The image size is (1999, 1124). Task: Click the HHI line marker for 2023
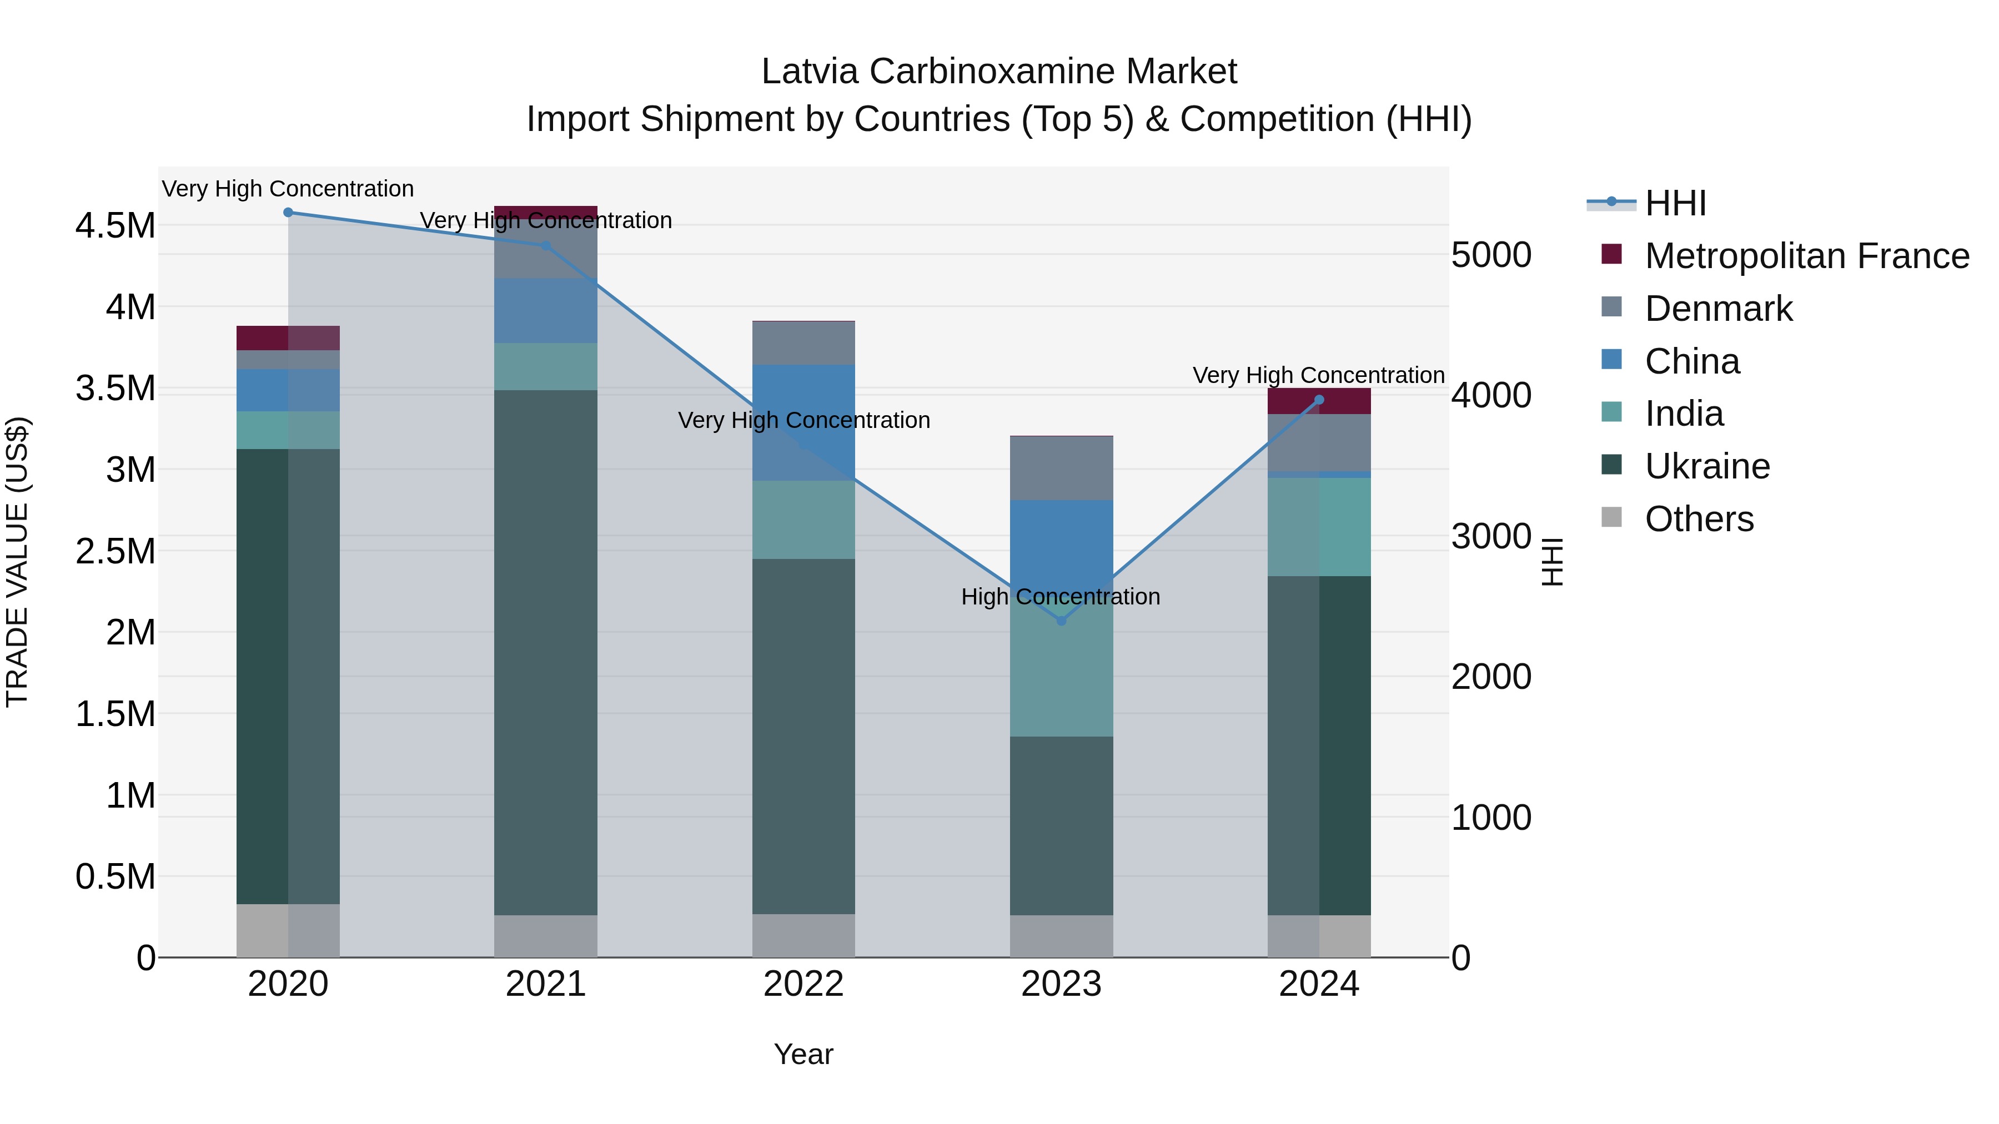[1062, 621]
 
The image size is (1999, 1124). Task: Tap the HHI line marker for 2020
[288, 212]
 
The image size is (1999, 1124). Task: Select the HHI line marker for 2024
[1319, 400]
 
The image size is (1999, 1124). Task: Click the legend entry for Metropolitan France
[1806, 256]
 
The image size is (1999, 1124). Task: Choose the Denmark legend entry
[1718, 309]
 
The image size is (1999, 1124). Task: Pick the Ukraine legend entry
[1707, 466]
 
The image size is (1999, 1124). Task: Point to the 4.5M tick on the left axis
[115, 226]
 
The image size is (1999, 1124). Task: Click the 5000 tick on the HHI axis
[1491, 255]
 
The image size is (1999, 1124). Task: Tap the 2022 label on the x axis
[803, 984]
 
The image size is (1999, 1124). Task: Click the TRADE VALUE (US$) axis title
[18, 562]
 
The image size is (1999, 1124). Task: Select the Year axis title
[803, 1054]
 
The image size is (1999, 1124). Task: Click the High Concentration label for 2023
[1060, 597]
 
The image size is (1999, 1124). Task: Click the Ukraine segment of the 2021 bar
[545, 652]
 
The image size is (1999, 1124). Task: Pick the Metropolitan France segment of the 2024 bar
[1319, 401]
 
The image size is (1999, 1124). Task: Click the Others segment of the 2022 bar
[803, 935]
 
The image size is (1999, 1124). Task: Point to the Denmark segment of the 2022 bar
[803, 343]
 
